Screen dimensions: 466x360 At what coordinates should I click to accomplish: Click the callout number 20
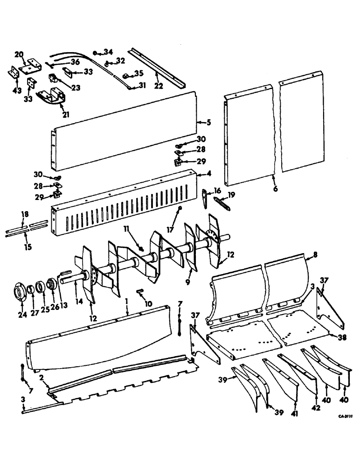coord(19,55)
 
